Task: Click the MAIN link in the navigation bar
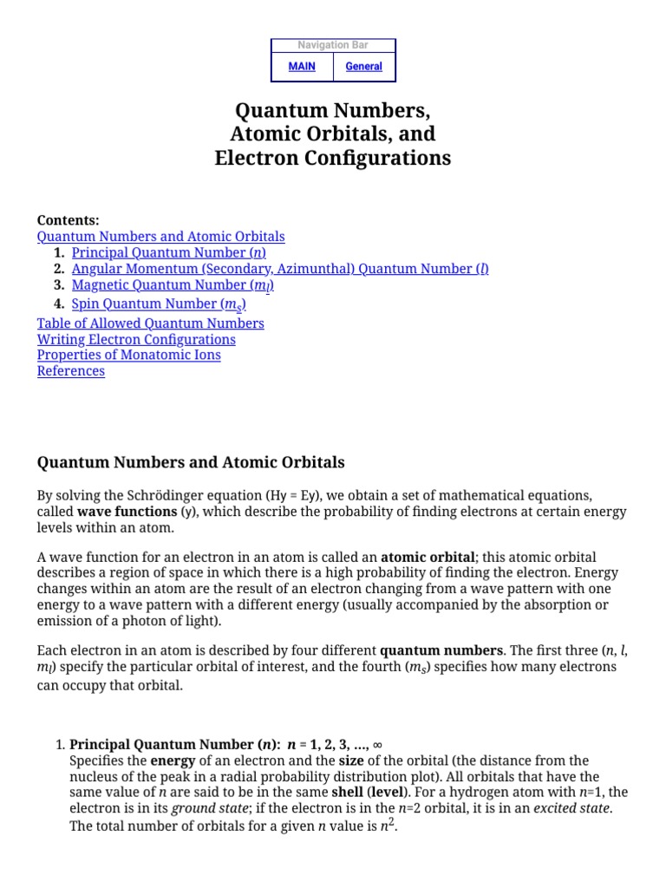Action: tap(302, 67)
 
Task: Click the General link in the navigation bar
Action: tap(363, 67)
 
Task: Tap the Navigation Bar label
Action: tap(333, 45)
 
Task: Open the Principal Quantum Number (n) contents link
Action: tap(168, 252)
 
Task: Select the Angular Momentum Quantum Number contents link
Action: tap(280, 269)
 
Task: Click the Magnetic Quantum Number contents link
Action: tap(173, 285)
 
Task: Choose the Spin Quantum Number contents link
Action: tap(159, 304)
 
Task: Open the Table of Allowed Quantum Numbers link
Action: tap(150, 323)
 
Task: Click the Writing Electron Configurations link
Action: tap(136, 339)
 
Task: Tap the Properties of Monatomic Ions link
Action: tap(128, 355)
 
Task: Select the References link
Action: tap(70, 371)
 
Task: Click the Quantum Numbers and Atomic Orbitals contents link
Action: tap(160, 236)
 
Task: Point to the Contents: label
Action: tap(68, 220)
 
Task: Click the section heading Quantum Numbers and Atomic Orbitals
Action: tap(190, 462)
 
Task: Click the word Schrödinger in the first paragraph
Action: tap(217, 496)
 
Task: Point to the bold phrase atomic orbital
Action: tap(428, 557)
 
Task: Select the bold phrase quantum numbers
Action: tap(441, 650)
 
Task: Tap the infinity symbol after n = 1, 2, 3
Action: tap(377, 745)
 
